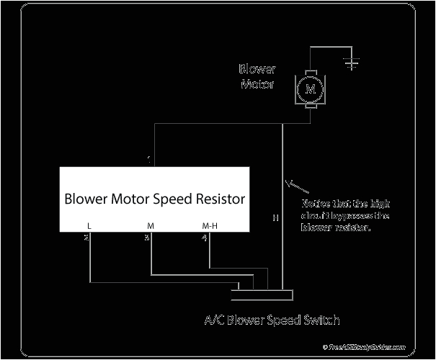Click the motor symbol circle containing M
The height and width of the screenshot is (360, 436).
311,89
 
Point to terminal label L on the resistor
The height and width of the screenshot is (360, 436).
89,226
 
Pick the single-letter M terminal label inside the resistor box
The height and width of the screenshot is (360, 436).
150,226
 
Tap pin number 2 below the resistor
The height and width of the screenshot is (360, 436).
86,237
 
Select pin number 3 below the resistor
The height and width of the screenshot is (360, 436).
147,237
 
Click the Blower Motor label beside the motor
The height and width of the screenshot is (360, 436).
257,77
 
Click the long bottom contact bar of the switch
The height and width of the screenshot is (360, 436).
262,294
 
